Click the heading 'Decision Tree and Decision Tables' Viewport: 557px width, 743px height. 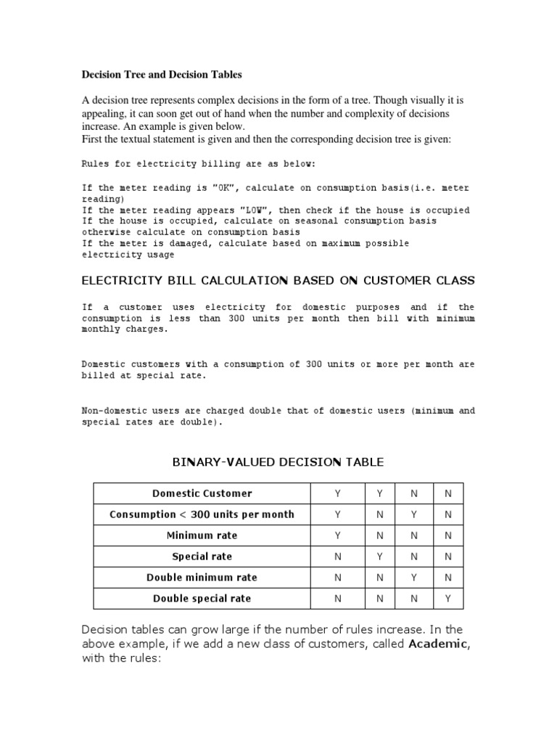162,74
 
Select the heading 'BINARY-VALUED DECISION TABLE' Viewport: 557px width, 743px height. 278,462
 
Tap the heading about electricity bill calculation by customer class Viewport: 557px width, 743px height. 278,281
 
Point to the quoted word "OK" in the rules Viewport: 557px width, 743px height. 223,187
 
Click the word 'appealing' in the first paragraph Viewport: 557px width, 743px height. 104,114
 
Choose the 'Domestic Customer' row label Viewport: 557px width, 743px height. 202,493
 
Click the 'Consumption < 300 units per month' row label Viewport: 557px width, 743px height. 202,514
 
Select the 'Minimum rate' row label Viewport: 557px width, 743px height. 202,535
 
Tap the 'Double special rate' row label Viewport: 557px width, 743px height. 202,599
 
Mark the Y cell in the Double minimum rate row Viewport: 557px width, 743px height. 413,578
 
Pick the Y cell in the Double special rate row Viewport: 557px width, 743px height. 447,599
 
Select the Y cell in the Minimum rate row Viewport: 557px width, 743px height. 337,535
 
